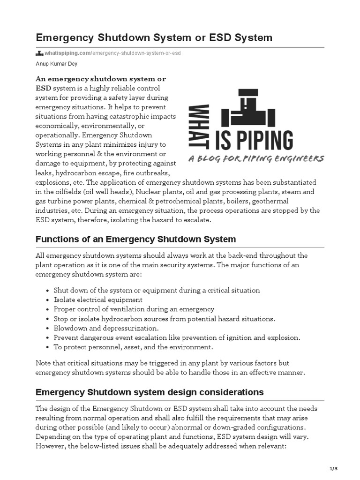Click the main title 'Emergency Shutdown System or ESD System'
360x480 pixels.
click(154, 37)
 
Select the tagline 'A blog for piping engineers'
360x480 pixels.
click(256, 159)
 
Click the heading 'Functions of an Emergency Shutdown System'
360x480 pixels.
click(135, 240)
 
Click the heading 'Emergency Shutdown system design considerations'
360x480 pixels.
click(150, 392)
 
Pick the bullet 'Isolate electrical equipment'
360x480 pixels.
click(98, 300)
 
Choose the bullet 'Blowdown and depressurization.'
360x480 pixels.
click(106, 328)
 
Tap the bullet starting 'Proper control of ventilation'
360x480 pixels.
click(134, 309)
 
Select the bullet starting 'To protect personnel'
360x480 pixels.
click(133, 347)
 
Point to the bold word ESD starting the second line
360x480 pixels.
click(44, 88)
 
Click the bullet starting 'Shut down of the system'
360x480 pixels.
click(157, 290)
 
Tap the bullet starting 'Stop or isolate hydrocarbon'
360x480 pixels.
click(165, 319)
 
